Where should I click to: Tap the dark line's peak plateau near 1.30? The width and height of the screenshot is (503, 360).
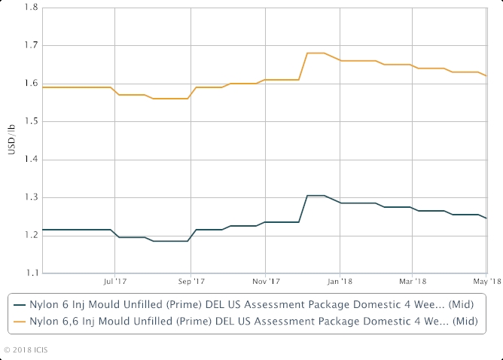point(315,195)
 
